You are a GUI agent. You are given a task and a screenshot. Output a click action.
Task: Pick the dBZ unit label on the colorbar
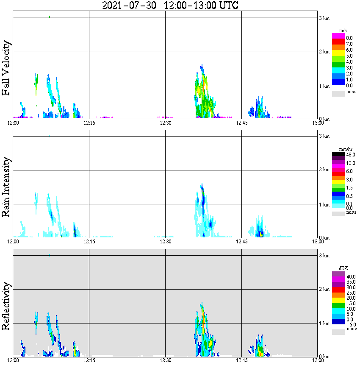click(343, 268)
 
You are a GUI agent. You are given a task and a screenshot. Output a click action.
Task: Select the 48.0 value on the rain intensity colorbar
click(350, 155)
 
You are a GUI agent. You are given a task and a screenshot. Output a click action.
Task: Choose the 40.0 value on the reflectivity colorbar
click(350, 276)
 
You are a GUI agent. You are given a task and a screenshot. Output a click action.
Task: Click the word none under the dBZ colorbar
click(351, 329)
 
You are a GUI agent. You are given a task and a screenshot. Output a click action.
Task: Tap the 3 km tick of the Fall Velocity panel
click(324, 18)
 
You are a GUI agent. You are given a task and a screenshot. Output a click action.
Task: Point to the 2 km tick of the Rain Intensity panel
click(324, 170)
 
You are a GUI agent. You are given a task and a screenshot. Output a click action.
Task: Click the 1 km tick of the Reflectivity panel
click(324, 323)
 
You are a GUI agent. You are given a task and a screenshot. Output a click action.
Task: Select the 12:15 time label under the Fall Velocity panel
click(89, 123)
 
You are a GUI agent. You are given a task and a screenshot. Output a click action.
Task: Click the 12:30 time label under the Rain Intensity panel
click(165, 242)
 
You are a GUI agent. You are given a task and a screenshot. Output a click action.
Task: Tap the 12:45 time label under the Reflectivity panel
click(241, 360)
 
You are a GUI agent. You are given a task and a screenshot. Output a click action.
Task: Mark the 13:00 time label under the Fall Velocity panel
click(318, 123)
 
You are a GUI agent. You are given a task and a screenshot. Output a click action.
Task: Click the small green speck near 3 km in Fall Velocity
click(50, 17)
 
